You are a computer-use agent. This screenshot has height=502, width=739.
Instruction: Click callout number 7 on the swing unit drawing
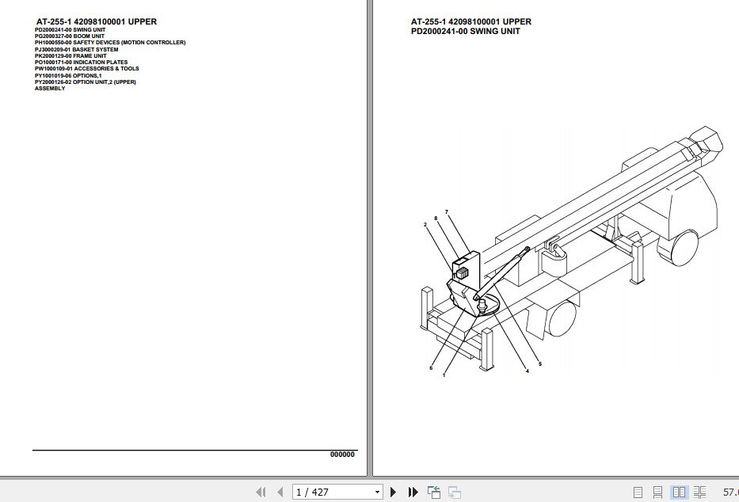pyautogui.click(x=447, y=211)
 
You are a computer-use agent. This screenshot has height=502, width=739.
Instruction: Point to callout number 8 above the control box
pyautogui.click(x=436, y=218)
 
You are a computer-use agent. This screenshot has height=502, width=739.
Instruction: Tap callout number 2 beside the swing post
pyautogui.click(x=425, y=224)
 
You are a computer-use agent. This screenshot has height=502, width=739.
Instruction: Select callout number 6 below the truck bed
pyautogui.click(x=431, y=368)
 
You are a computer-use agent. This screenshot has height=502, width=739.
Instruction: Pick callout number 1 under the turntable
pyautogui.click(x=444, y=375)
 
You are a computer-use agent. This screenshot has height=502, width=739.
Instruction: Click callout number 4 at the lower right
pyautogui.click(x=528, y=371)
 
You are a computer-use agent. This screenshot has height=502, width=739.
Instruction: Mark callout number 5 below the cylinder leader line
pyautogui.click(x=540, y=364)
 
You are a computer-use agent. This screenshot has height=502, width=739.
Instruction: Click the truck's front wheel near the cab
pyautogui.click(x=683, y=246)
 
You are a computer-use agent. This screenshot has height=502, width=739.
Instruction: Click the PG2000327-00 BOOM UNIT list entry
pyautogui.click(x=70, y=36)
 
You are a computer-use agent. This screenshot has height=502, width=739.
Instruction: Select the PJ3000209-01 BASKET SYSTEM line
pyautogui.click(x=77, y=49)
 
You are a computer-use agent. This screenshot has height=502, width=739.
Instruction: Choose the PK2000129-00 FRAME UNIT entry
pyautogui.click(x=70, y=56)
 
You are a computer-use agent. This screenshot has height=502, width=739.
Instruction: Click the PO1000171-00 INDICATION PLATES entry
pyautogui.click(x=81, y=63)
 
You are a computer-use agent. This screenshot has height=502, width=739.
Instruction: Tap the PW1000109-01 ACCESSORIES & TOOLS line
pyautogui.click(x=87, y=69)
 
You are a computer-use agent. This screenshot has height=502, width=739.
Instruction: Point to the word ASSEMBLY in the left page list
pyautogui.click(x=50, y=89)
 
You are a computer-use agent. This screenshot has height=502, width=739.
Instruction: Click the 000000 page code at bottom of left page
pyautogui.click(x=342, y=454)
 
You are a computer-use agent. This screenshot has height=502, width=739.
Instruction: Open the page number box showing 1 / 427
pyautogui.click(x=337, y=492)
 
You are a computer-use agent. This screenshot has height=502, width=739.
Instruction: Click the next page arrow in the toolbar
pyautogui.click(x=394, y=492)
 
